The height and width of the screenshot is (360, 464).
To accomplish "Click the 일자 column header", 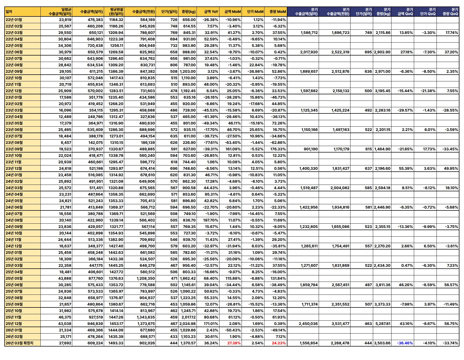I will point(9,12).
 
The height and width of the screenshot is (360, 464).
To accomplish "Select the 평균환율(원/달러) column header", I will point(116,12).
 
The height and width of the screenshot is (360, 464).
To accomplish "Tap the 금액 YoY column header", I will point(211,12).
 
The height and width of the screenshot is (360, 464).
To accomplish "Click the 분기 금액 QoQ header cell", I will point(405,12).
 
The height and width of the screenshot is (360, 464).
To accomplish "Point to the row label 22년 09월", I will point(14,71).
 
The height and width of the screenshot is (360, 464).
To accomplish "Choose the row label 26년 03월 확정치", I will point(19,343).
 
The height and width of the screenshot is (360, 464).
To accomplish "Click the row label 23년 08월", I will point(14,143).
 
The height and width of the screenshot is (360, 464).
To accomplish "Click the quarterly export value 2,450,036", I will point(308,324).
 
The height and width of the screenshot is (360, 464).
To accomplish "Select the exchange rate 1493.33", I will point(116,343).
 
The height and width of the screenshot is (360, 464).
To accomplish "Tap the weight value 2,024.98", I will point(188,324).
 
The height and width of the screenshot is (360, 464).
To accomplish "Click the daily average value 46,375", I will point(65,317).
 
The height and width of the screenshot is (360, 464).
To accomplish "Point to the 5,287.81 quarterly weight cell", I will point(383,324).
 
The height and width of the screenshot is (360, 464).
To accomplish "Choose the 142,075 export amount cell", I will point(96,143).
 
